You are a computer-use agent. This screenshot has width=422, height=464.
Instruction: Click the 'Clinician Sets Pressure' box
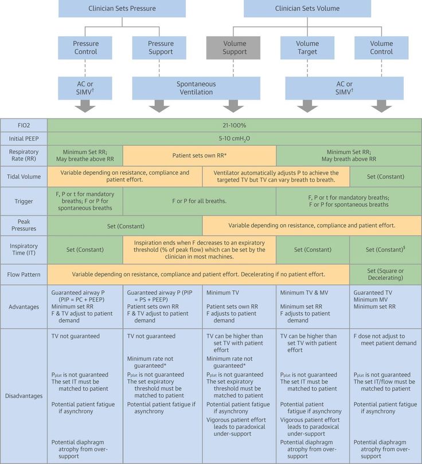pos(122,9)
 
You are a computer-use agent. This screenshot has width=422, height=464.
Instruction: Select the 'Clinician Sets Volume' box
pos(307,9)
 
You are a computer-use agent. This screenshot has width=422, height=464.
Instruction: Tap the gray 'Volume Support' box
pos(234,48)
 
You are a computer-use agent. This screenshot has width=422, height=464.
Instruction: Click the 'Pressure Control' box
pos(85,48)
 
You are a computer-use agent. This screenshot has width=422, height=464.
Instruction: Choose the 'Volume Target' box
pos(307,48)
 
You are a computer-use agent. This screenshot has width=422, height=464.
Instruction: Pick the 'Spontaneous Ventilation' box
pos(196,88)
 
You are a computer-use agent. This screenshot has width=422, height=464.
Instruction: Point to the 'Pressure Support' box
pos(161,48)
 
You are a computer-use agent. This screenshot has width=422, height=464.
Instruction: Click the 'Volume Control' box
pos(381,48)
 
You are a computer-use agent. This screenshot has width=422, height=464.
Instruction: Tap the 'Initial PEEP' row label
pos(24,139)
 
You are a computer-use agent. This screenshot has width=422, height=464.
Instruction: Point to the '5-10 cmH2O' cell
pos(234,139)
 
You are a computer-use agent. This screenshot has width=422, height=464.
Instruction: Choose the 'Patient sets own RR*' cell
pos(200,155)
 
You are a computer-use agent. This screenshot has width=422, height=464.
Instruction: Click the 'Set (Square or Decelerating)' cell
pos(385,274)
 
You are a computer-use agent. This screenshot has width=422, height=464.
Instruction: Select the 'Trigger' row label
pos(24,201)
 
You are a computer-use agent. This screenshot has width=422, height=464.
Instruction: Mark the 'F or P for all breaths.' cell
pos(200,201)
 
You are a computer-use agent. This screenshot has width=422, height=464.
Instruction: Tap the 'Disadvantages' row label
pos(24,396)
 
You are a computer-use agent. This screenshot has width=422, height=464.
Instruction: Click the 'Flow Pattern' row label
pos(24,274)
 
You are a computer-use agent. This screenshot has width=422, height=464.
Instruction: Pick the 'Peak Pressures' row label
pos(24,225)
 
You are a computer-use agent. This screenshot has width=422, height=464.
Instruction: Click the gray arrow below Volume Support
pos(234,106)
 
